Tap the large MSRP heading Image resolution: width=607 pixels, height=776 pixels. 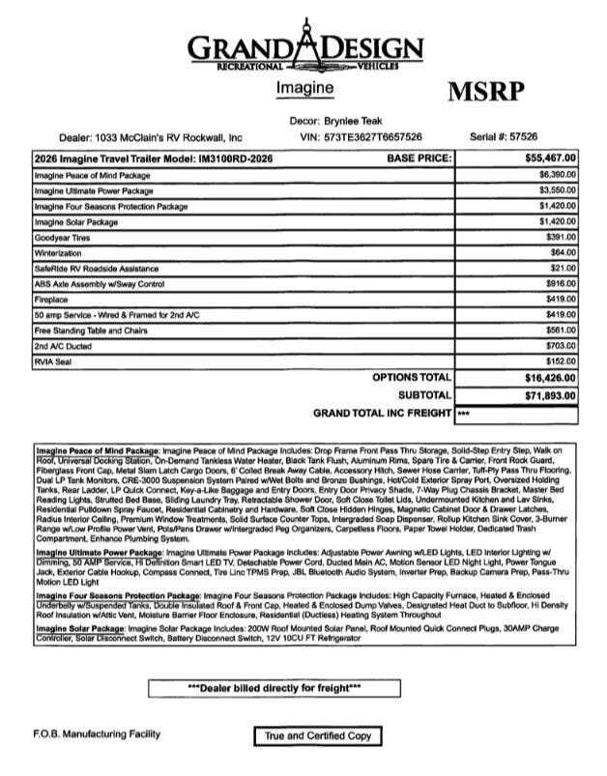487,92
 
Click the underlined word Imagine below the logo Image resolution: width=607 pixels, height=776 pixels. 304,88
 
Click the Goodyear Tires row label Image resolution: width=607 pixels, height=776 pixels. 61,237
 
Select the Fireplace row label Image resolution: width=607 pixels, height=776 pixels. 49,300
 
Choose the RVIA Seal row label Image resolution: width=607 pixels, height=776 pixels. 54,362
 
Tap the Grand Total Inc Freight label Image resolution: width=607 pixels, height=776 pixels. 383,414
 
